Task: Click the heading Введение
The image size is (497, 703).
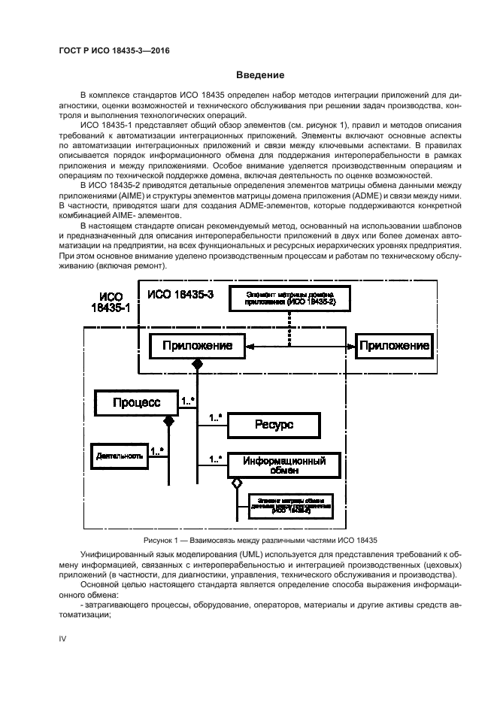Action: coord(261,75)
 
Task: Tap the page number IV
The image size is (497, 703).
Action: coord(63,638)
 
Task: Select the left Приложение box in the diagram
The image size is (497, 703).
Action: coord(197,347)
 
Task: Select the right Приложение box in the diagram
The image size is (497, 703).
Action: coord(393,346)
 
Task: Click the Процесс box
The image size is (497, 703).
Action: coord(136,403)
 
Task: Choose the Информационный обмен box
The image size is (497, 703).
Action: coord(277,465)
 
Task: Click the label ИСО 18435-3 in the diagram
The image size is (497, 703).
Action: coord(180,294)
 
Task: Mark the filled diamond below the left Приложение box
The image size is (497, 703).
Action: coord(198,365)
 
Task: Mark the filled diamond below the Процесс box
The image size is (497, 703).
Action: coord(168,421)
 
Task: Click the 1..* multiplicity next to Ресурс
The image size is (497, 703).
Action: coord(216,417)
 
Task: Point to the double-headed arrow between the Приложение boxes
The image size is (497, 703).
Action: coord(301,347)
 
